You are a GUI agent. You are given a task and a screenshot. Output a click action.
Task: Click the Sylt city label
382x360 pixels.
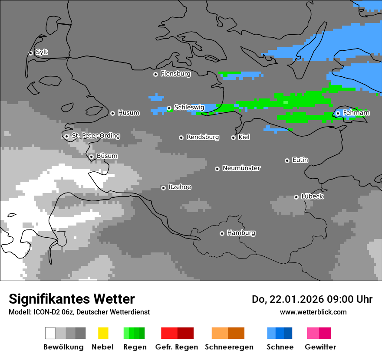pyautogui.click(x=42, y=52)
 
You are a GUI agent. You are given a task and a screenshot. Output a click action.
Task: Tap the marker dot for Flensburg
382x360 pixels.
pyautogui.click(x=155, y=74)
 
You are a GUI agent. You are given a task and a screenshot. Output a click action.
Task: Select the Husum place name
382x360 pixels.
pyautogui.click(x=128, y=113)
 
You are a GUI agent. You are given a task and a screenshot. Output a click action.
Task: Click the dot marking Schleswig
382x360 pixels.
pyautogui.click(x=169, y=108)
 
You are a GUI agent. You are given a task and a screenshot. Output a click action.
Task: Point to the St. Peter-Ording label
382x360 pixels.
pyautogui.click(x=95, y=136)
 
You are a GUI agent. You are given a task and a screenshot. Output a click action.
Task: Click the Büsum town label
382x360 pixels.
pyautogui.click(x=107, y=156)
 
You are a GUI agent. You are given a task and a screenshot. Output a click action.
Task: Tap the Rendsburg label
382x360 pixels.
pyautogui.click(x=202, y=137)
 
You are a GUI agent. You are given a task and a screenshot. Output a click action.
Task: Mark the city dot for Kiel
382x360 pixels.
pyautogui.click(x=233, y=137)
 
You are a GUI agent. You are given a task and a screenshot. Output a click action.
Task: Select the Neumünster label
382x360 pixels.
pyautogui.click(x=241, y=168)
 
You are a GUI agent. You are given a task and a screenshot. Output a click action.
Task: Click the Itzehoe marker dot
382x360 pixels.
pyautogui.click(x=163, y=188)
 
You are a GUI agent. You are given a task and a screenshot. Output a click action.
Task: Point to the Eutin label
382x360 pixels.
pyautogui.click(x=300, y=160)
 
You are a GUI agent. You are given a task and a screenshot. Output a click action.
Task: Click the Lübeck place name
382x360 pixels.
pyautogui.click(x=312, y=196)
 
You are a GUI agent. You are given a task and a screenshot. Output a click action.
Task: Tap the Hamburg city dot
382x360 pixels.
pyautogui.click(x=222, y=233)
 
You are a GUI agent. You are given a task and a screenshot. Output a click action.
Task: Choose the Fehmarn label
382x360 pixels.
pyautogui.click(x=356, y=113)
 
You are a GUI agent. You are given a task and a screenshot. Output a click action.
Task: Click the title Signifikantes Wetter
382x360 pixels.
pyautogui.click(x=72, y=299)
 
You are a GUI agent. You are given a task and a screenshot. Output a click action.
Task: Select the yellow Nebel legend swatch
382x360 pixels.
pyautogui.click(x=103, y=333)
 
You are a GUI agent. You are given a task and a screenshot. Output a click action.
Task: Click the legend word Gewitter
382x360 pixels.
pyautogui.click(x=320, y=347)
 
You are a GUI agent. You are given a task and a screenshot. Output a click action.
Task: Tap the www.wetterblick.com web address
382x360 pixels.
pyautogui.click(x=313, y=312)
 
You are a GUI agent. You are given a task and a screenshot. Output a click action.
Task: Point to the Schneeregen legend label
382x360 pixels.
pyautogui.click(x=229, y=347)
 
